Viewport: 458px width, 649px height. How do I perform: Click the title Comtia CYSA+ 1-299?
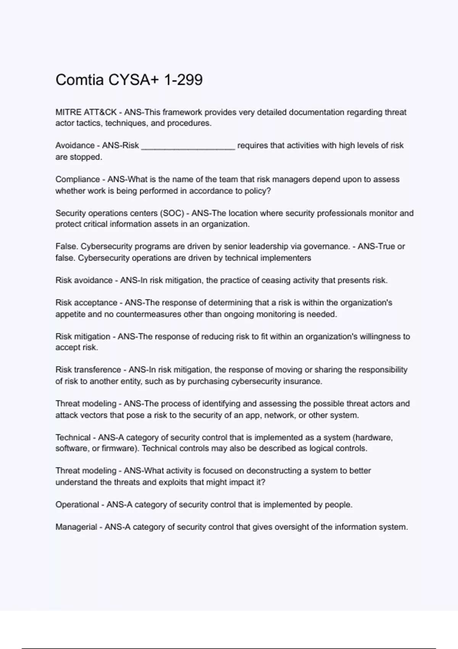pyautogui.click(x=129, y=80)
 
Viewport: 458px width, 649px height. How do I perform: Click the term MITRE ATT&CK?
pyautogui.click(x=86, y=112)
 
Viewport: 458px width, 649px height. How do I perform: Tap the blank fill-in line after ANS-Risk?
pyautogui.click(x=188, y=146)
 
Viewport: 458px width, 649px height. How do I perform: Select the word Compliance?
pyautogui.click(x=77, y=179)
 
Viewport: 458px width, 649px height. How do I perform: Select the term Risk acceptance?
pyautogui.click(x=86, y=303)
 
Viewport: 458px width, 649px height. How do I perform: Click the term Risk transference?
pyautogui.click(x=88, y=370)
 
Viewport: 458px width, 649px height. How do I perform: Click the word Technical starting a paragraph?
pyautogui.click(x=73, y=438)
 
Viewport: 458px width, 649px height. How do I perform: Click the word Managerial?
pyautogui.click(x=76, y=527)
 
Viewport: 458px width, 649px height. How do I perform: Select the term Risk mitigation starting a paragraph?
pyautogui.click(x=83, y=337)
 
